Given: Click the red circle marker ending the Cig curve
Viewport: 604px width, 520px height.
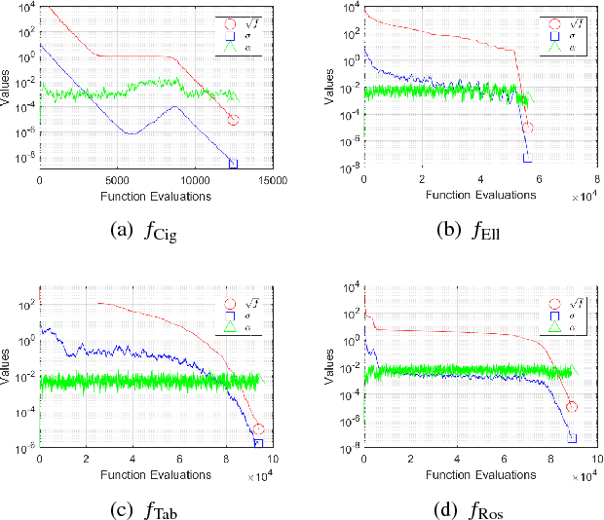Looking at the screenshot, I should click(x=233, y=120).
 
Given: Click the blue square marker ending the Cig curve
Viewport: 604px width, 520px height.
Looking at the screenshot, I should click(x=233, y=163).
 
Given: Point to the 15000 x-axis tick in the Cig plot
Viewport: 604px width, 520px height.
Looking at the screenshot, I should click(x=273, y=180).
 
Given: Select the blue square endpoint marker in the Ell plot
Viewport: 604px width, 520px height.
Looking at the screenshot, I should click(x=528, y=157).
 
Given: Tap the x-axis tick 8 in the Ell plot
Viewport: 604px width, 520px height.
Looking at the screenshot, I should click(x=597, y=180).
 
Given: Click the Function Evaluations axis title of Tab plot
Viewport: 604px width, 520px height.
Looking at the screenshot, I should click(x=156, y=475).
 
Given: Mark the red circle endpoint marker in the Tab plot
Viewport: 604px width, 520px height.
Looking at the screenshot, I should click(x=258, y=429).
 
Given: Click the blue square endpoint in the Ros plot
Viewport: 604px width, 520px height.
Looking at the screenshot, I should click(x=573, y=438).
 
